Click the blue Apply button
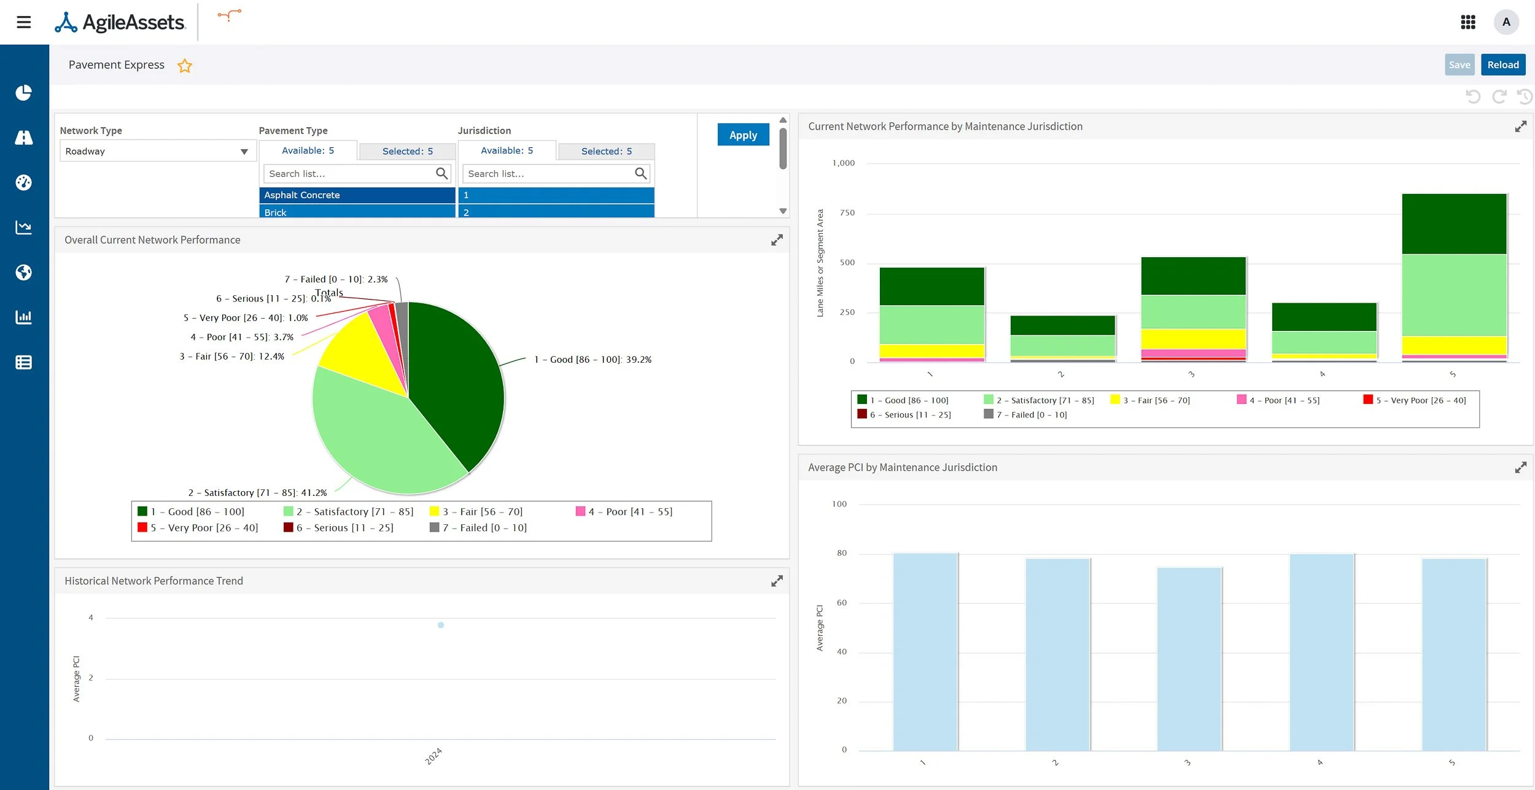point(743,135)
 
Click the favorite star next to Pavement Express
point(185,66)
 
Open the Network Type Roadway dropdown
point(155,151)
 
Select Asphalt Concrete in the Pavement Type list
point(357,195)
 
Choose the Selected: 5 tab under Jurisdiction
point(606,151)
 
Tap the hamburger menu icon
point(24,22)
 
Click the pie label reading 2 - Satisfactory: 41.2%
point(257,492)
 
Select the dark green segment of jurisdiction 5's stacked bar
point(1453,224)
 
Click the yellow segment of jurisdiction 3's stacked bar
point(1193,339)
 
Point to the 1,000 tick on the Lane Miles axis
point(843,163)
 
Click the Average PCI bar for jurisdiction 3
point(1189,659)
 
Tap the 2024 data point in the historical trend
point(441,625)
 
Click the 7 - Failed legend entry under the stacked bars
point(1025,415)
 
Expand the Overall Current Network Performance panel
point(777,240)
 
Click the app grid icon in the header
point(1467,22)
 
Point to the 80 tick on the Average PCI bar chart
point(841,553)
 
